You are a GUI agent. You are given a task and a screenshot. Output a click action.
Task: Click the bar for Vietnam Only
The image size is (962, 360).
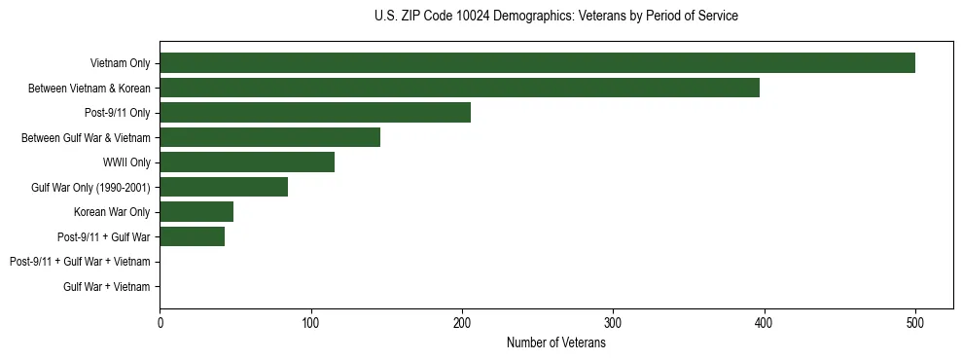tap(537, 63)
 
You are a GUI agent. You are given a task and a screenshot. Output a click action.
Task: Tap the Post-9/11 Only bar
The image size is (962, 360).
tap(315, 113)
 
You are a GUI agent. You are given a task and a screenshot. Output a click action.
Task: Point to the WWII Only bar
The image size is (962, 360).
tap(247, 162)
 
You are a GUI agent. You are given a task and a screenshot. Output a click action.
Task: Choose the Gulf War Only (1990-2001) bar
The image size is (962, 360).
tap(224, 187)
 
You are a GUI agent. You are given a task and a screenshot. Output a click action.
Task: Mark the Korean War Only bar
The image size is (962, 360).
tap(196, 212)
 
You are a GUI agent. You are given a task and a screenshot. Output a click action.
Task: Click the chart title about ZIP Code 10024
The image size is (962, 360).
tap(555, 17)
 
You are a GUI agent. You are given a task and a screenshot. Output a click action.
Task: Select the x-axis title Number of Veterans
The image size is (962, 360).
tap(555, 342)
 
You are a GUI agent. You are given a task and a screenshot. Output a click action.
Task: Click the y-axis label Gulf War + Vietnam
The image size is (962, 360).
tap(107, 287)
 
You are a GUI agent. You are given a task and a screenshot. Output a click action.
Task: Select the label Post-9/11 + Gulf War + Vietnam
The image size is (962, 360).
tap(80, 262)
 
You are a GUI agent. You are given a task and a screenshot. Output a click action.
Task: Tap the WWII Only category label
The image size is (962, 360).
tap(126, 162)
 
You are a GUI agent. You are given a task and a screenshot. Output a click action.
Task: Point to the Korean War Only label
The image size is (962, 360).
tap(112, 212)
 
